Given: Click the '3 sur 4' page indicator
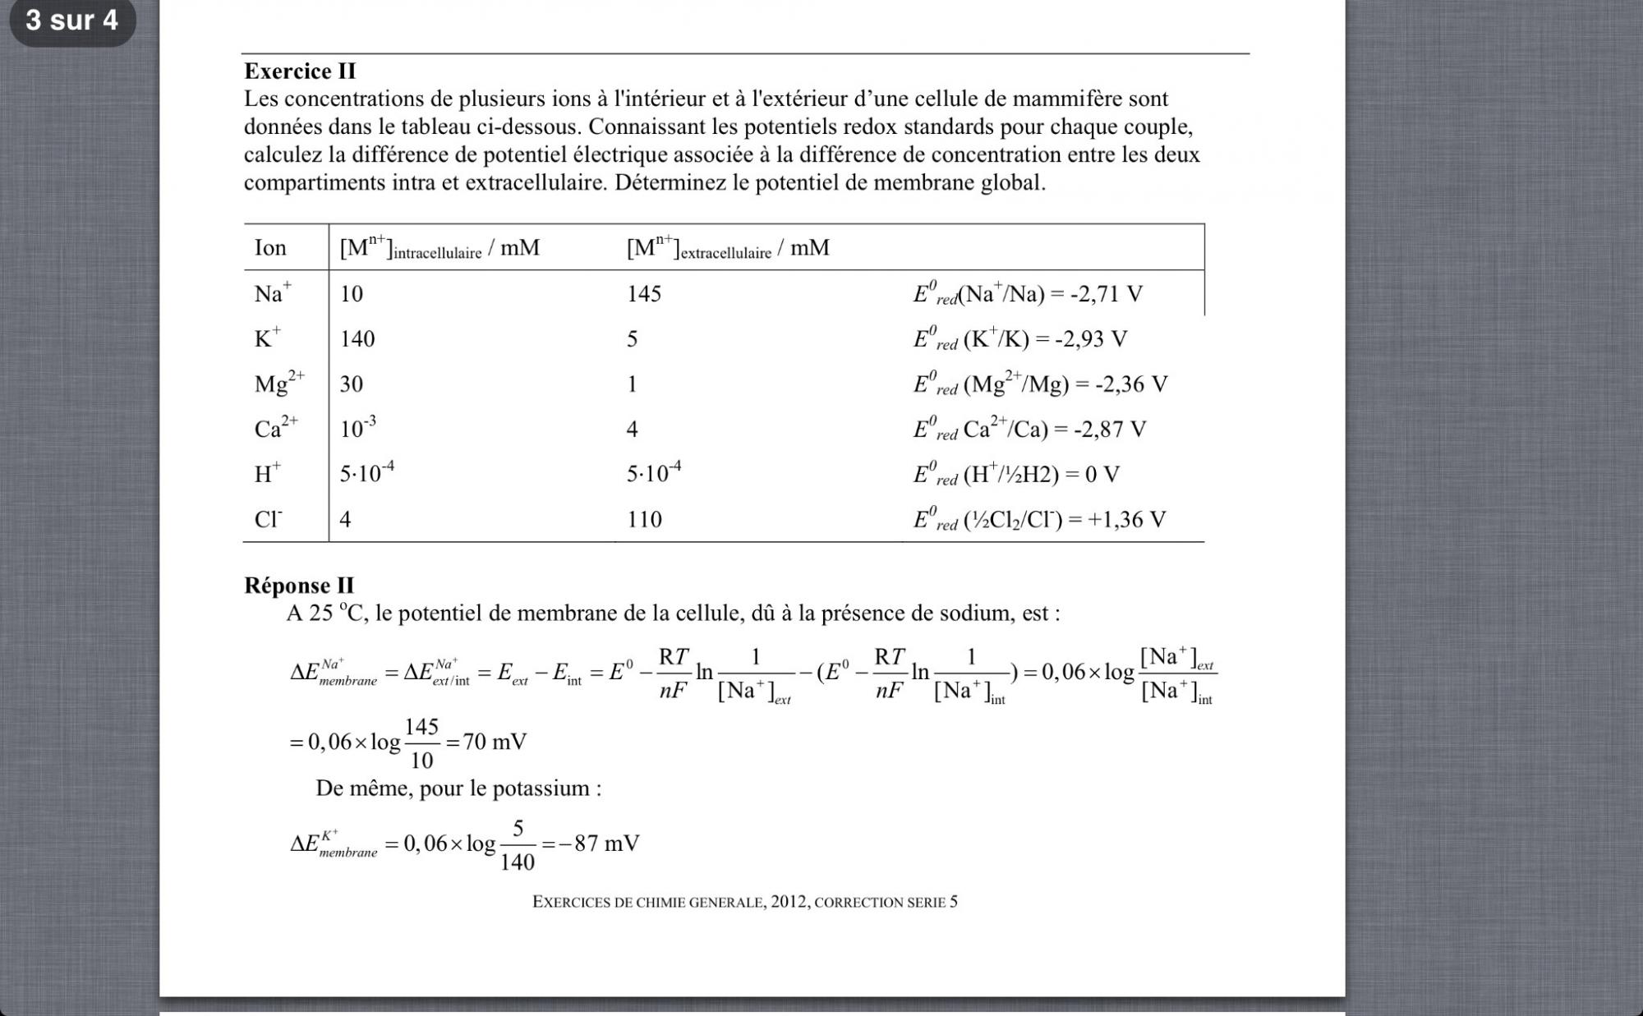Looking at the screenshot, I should [x=72, y=20].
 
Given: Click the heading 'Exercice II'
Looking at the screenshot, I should [x=300, y=71].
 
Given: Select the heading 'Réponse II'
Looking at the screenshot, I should [x=299, y=586].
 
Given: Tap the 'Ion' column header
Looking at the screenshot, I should [x=270, y=248].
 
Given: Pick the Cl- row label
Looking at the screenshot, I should [x=268, y=519].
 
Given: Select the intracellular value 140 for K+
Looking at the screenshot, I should [x=357, y=339].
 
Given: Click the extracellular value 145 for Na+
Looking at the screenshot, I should [x=644, y=294].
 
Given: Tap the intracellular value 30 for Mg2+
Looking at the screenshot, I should [x=352, y=384].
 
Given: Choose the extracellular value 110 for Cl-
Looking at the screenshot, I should [x=644, y=519].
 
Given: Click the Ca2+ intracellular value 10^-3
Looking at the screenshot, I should [x=358, y=427].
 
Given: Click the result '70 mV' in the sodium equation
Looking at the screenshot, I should [x=495, y=742].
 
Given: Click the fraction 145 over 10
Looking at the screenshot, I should [x=421, y=743].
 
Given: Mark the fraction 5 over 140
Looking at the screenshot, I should [x=518, y=844].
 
